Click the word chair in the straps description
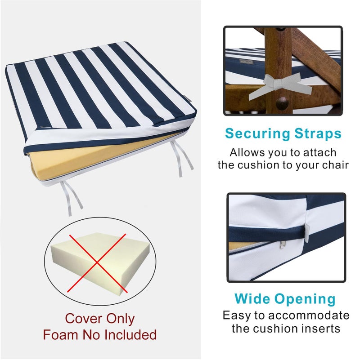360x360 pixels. coord(335,165)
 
